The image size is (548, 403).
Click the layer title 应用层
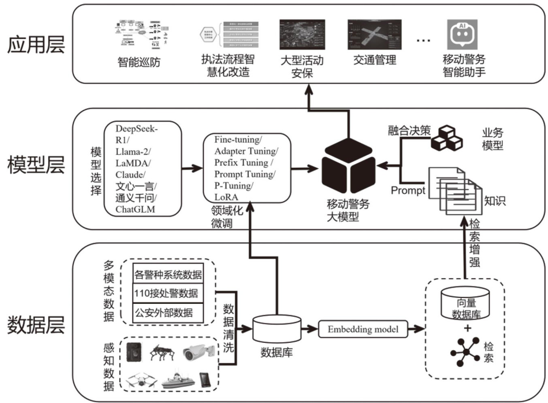point(36,44)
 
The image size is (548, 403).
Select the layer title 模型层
point(36,165)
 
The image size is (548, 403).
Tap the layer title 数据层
point(36,325)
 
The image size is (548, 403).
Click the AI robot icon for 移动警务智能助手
point(462,34)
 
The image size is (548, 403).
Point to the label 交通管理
point(375,60)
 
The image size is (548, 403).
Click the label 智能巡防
point(139,62)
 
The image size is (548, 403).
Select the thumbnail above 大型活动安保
point(302,34)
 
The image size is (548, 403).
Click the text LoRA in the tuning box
point(226,197)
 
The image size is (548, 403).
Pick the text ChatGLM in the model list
point(135,209)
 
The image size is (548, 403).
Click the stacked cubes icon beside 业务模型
point(446,139)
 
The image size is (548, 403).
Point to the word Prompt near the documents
point(407,190)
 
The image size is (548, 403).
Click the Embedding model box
point(363,329)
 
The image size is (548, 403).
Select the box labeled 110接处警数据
point(168,293)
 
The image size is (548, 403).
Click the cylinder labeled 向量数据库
point(466,303)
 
